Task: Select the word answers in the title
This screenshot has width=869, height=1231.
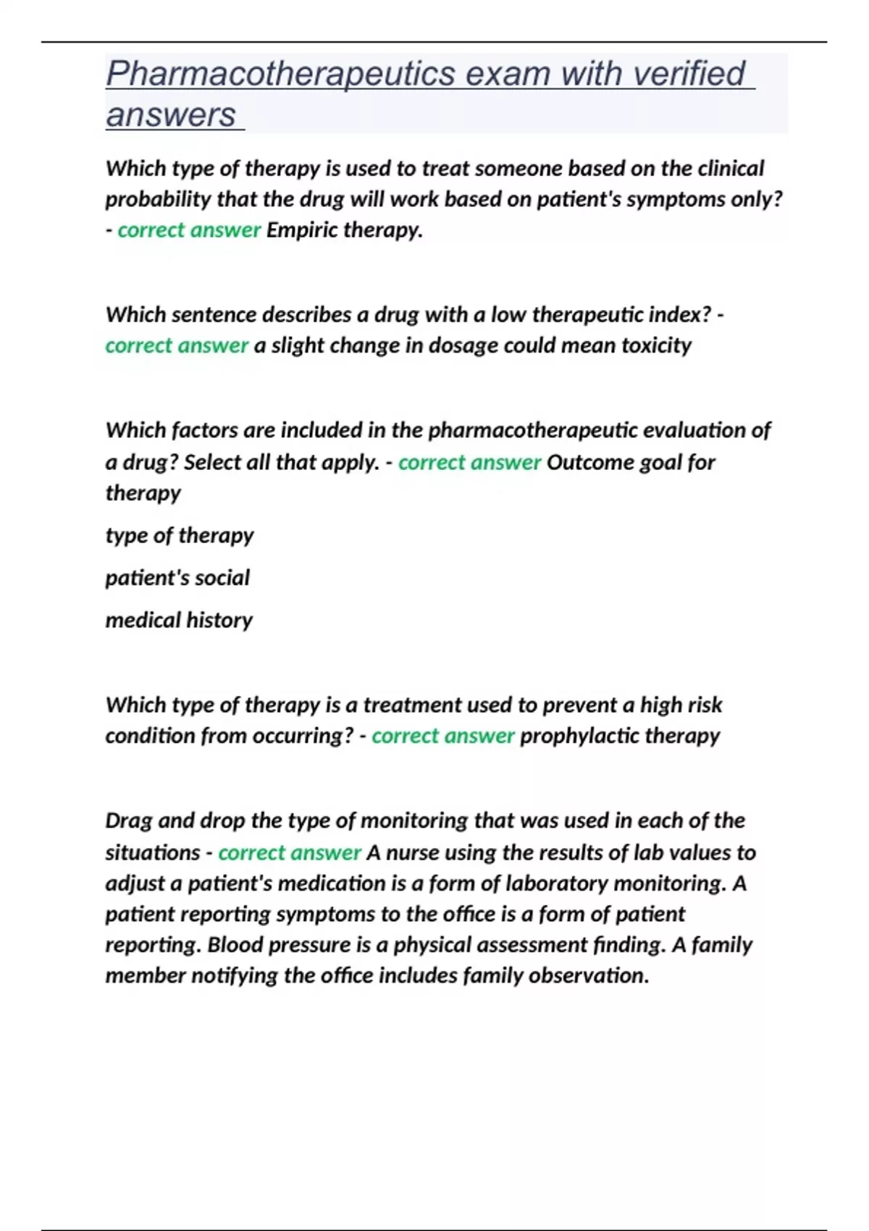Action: [171, 115]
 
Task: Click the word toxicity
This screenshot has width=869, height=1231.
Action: [656, 345]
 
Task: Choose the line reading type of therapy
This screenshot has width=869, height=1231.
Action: [180, 536]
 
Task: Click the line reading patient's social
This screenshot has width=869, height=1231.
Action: [177, 578]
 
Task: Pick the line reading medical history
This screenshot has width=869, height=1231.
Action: [179, 621]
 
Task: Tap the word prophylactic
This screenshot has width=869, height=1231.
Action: [579, 736]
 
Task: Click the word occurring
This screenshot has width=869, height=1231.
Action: [306, 736]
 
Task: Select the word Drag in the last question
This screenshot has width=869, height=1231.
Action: [128, 820]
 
